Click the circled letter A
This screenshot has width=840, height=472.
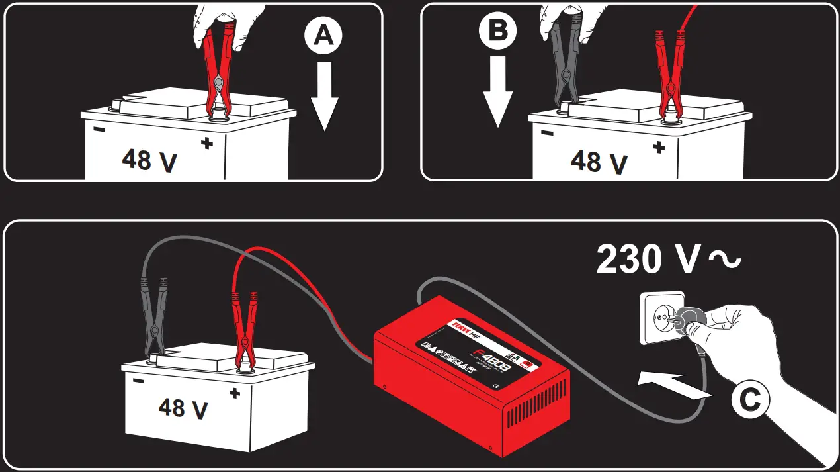click(323, 36)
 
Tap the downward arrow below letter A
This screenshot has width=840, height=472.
click(324, 94)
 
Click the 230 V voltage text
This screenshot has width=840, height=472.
click(668, 259)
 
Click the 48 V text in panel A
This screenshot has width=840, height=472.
click(149, 160)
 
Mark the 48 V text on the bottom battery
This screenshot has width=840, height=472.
click(183, 406)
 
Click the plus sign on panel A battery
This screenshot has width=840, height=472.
click(207, 142)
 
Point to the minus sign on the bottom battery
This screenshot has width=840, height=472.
click(138, 381)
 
